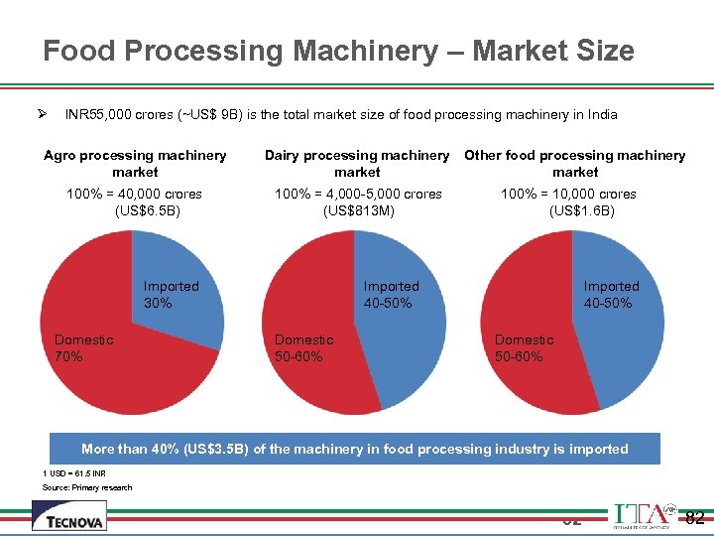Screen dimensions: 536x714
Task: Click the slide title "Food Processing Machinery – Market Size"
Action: [338, 51]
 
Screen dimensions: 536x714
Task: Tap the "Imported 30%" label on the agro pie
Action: [171, 295]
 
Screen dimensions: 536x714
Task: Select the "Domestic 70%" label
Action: [83, 347]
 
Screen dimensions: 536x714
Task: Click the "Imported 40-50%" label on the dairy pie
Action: [391, 295]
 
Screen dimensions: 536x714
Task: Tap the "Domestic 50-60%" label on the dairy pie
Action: [303, 347]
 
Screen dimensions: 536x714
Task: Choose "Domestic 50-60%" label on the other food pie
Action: [524, 347]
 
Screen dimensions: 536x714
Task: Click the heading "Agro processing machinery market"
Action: [135, 164]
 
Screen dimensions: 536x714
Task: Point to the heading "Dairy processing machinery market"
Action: [357, 164]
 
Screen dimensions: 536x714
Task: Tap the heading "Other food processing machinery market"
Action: [575, 164]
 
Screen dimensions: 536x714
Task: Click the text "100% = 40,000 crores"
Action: [134, 194]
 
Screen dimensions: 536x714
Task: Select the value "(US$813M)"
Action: [358, 210]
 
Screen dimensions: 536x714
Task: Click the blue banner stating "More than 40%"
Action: [355, 450]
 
